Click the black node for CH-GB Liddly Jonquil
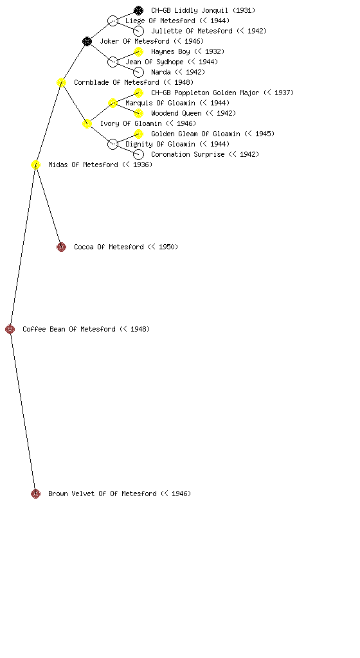[x=138, y=10]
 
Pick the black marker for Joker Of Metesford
[x=87, y=41]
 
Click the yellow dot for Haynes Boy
[x=138, y=51]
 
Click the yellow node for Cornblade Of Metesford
[x=61, y=82]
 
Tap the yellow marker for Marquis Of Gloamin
[x=113, y=103]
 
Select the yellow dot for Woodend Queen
[x=138, y=113]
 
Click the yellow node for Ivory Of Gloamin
[x=87, y=123]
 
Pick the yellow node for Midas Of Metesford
[x=35, y=164]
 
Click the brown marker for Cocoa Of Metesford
[x=61, y=247]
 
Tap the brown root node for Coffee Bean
[x=10, y=329]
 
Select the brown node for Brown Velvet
[x=35, y=493]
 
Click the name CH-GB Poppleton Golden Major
[x=205, y=93]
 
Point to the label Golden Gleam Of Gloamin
[x=195, y=134]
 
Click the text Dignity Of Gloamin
[x=160, y=144]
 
